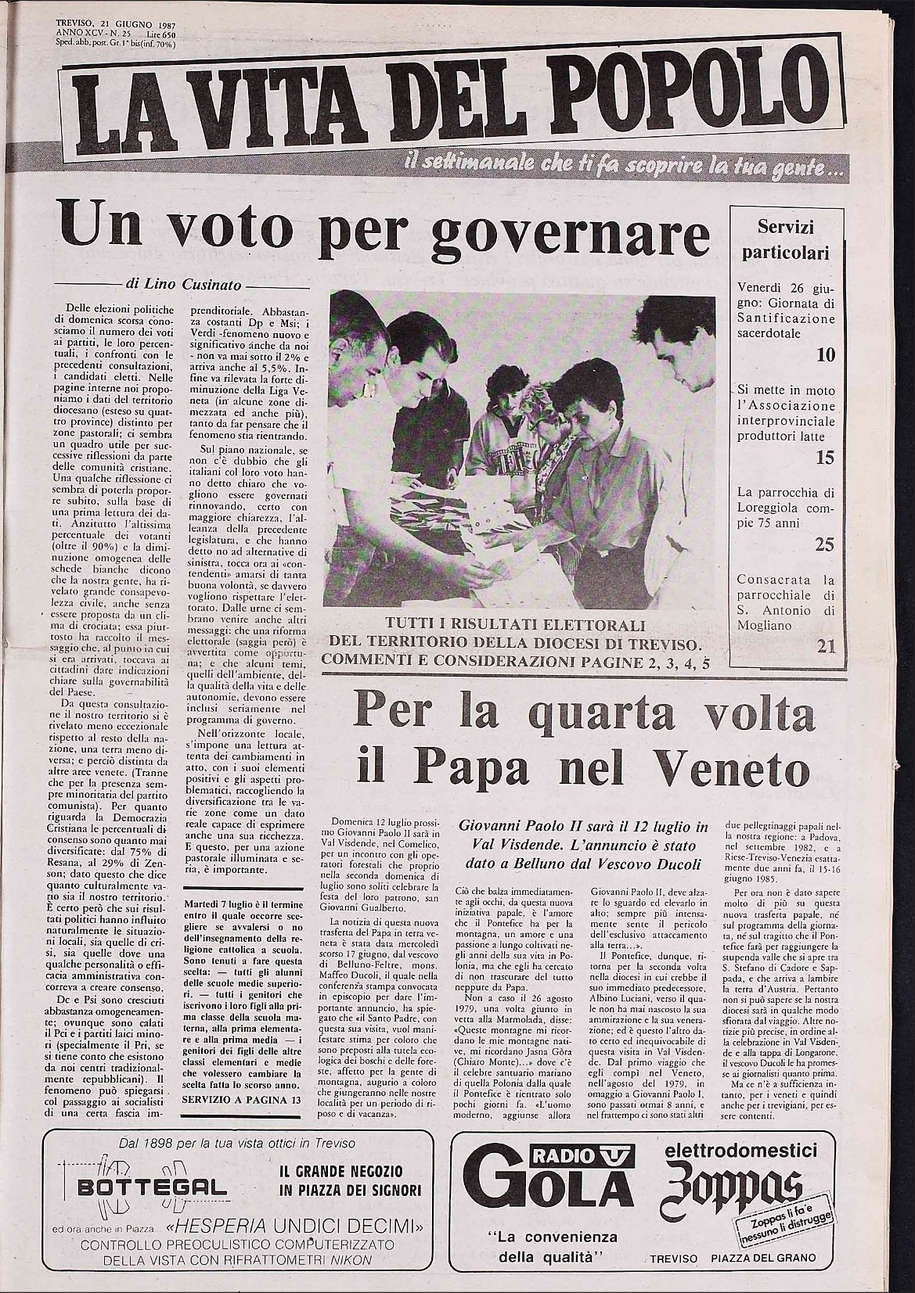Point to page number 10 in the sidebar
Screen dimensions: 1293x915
(825, 354)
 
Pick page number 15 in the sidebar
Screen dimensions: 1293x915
(825, 458)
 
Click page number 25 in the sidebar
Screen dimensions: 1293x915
(825, 545)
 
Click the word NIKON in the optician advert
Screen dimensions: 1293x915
(349, 1259)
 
